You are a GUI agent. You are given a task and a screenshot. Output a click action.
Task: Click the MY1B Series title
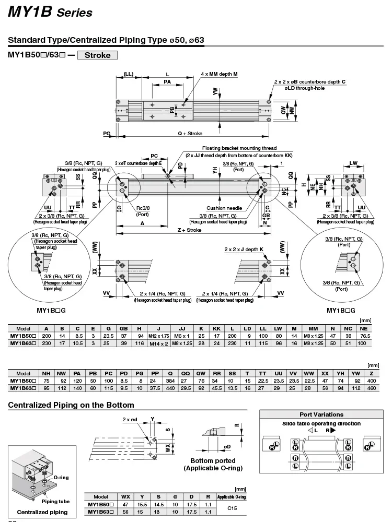tap(50, 13)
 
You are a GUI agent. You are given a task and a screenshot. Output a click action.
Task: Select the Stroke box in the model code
tap(97, 55)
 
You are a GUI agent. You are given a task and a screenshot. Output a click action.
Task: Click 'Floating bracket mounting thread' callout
tap(239, 148)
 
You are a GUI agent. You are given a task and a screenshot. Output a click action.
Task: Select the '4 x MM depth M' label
tap(219, 74)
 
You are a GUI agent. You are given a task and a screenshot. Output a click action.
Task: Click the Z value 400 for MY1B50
tap(372, 381)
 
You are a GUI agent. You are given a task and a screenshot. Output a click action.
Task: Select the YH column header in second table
tap(340, 373)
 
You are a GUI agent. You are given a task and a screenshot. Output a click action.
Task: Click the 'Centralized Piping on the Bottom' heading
tap(71, 405)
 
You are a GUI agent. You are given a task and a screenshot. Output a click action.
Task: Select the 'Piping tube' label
tap(56, 501)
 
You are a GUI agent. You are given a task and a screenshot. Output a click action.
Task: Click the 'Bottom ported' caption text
tap(213, 461)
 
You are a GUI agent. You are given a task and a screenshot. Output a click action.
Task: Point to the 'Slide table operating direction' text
tap(321, 423)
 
